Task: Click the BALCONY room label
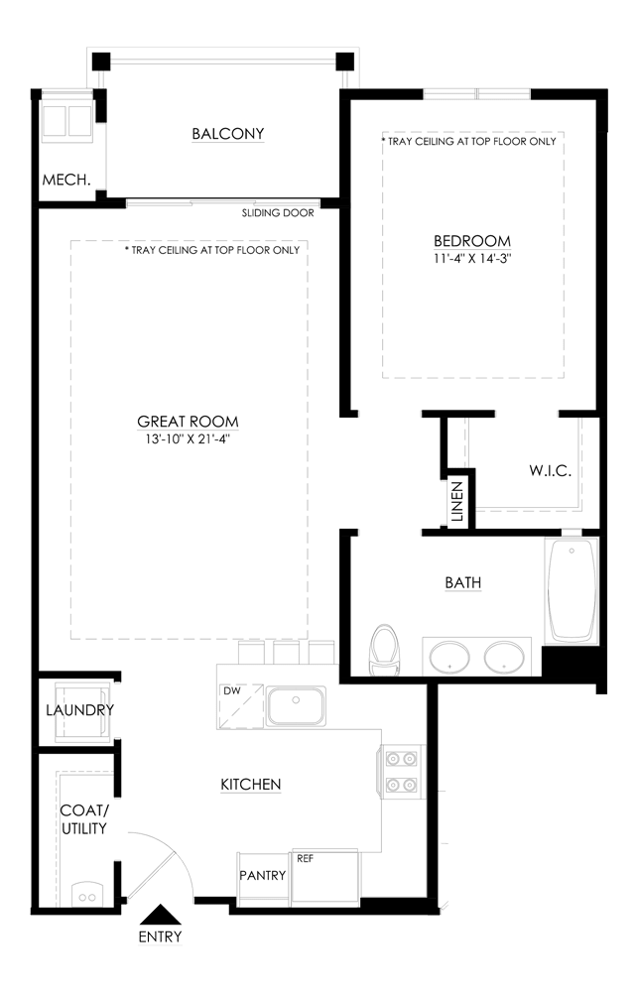tap(228, 134)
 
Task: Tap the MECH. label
tap(66, 181)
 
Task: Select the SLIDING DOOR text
tap(278, 213)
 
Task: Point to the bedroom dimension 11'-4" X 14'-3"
tap(472, 258)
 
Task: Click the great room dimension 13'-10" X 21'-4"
tap(189, 438)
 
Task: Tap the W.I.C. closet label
tap(550, 470)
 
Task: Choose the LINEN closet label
tap(457, 502)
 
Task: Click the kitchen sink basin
tap(295, 706)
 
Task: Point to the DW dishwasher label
tap(232, 690)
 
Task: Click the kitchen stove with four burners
tap(401, 771)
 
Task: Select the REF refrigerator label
tap(305, 858)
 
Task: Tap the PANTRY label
tap(263, 875)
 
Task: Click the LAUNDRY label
tap(79, 710)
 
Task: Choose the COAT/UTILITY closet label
tap(83, 819)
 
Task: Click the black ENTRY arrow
tap(160, 915)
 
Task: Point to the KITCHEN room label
tap(250, 785)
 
